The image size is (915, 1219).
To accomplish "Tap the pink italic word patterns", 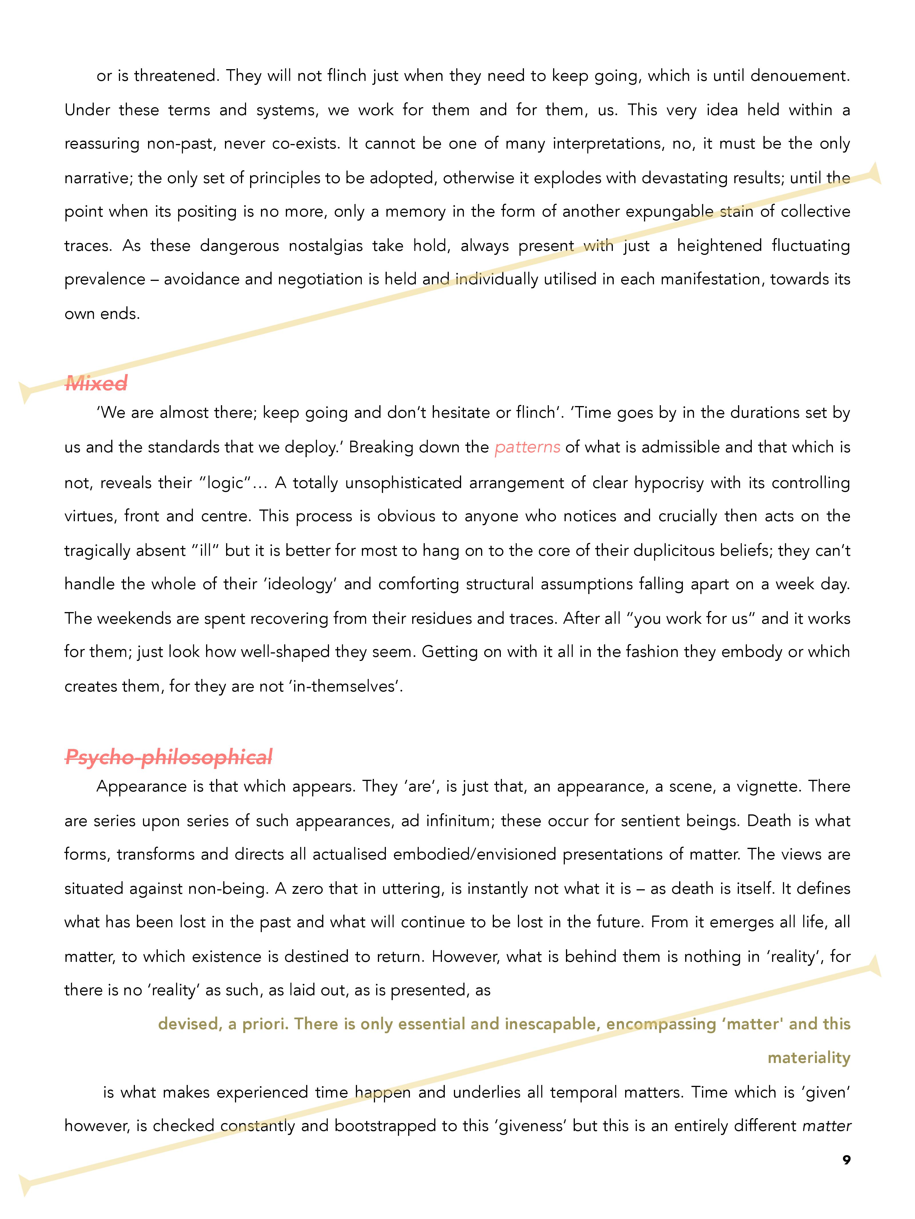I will tap(527, 447).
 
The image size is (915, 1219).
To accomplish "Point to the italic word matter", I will tap(826, 1126).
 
